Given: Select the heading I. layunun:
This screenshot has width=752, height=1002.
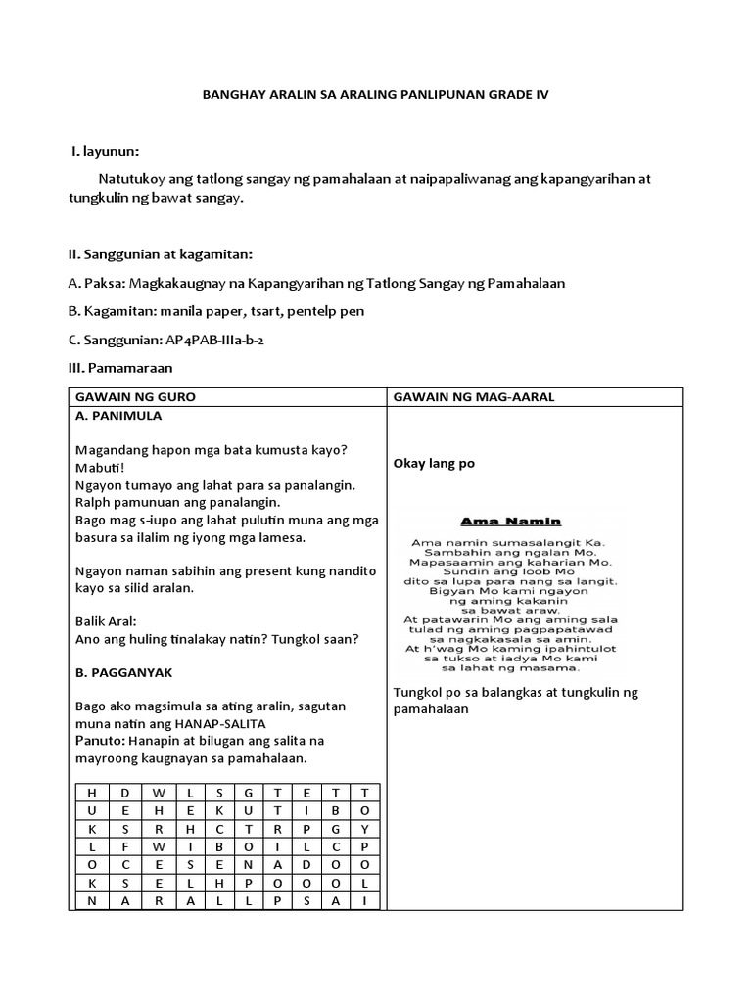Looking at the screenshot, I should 105,152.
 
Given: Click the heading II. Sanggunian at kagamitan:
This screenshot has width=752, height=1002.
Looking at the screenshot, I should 160,254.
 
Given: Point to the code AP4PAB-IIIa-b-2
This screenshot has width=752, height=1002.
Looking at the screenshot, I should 204,340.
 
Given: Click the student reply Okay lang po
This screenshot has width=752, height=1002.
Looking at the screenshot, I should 434,463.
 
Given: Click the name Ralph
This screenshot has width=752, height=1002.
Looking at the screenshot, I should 93,503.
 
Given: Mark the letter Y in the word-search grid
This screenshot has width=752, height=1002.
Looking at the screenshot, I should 365,827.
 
